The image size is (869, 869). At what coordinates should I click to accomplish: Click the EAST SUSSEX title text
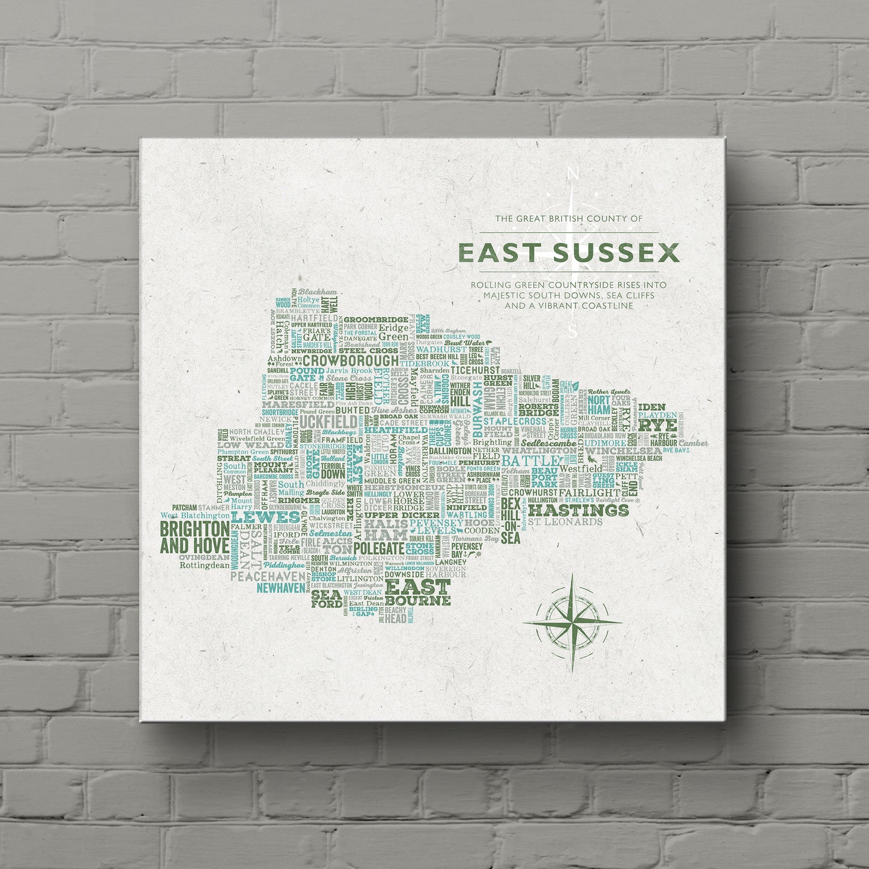pos(569,253)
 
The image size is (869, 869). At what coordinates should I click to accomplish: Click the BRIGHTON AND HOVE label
pos(194,537)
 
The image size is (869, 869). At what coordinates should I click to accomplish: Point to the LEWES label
pos(265,517)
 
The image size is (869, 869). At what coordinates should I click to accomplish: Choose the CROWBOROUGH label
pos(350,360)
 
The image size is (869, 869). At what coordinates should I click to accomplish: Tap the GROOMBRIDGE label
pos(376,320)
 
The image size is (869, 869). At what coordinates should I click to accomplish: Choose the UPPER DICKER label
pos(393,515)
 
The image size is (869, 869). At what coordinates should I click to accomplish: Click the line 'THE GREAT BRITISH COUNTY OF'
pos(569,219)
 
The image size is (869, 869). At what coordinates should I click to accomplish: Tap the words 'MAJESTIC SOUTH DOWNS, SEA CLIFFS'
pos(569,295)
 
